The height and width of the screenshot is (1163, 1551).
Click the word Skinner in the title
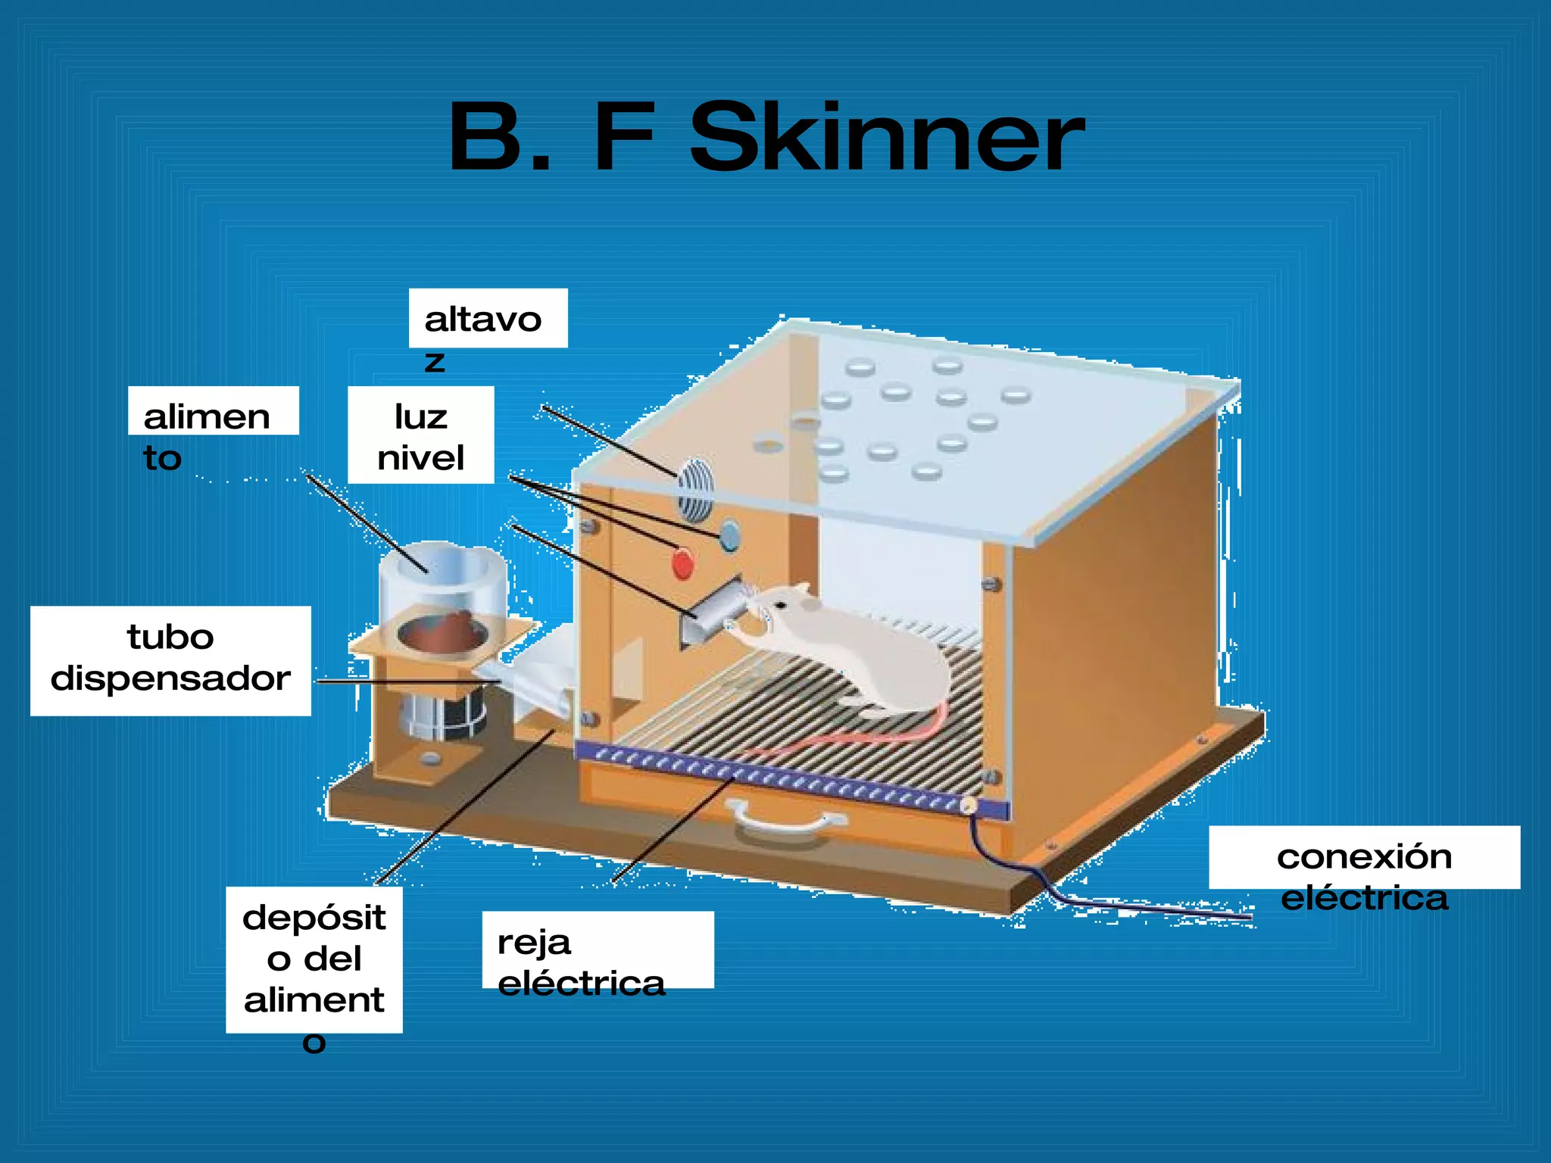tap(886, 138)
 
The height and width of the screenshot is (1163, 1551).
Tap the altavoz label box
tap(488, 319)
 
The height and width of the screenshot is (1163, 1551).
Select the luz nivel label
tap(420, 435)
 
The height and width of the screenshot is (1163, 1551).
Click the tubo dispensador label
tap(170, 659)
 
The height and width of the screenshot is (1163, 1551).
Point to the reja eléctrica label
tap(597, 950)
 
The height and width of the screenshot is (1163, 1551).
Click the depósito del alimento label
tap(314, 959)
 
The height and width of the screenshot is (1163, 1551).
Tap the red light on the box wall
tap(682, 565)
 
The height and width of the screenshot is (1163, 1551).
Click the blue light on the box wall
tap(729, 535)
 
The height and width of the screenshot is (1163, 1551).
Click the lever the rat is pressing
tap(716, 606)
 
